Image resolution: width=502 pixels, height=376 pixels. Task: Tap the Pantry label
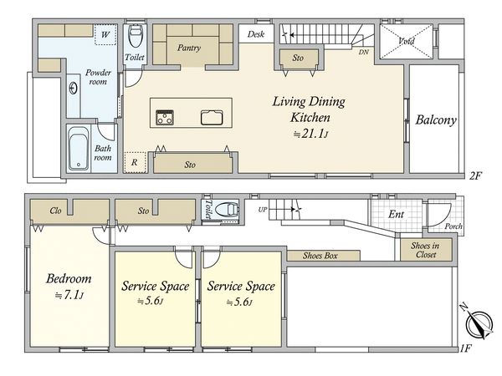pos(189,48)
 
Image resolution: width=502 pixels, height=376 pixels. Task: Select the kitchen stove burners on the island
pos(165,117)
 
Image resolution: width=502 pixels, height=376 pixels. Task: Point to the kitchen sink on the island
pos(212,117)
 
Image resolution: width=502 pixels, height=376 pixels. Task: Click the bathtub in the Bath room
pos(79,149)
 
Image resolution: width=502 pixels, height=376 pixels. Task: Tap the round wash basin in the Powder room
pos(74,88)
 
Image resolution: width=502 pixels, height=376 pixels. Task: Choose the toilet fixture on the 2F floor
pos(135,35)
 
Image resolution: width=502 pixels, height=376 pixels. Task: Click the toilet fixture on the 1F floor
pos(227,210)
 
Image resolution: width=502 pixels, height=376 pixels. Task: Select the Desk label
pos(256,34)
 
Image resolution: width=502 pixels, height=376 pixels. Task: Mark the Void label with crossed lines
pos(407,41)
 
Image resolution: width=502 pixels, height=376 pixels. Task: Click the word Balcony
pos(436,119)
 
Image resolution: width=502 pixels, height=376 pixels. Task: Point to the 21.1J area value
pos(311,134)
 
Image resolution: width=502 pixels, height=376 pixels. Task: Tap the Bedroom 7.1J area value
pos(69,296)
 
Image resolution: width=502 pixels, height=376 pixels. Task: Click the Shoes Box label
pos(320,256)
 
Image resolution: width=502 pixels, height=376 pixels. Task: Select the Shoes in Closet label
pos(425,250)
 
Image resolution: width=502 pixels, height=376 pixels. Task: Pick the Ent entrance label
pos(396,214)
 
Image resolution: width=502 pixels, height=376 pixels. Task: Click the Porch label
pos(453,226)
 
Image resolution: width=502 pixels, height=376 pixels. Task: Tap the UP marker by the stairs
pos(263,210)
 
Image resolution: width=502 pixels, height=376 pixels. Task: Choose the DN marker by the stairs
pos(363,52)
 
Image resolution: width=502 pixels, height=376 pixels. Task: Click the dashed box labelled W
pos(105,34)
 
